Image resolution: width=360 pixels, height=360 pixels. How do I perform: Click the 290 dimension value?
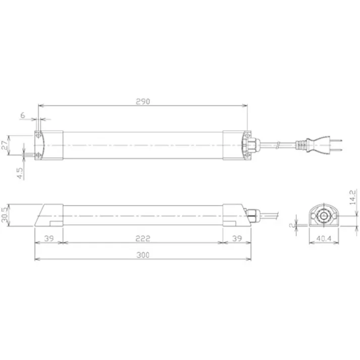point(143,101)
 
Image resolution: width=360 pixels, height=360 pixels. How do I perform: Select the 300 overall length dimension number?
point(143,255)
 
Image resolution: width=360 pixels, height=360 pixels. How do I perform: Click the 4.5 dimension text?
point(20,173)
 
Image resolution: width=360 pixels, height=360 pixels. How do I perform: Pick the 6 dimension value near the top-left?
point(22,116)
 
